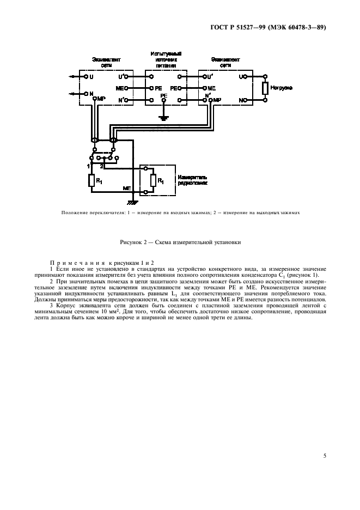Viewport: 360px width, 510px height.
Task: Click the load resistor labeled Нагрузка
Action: click(265, 88)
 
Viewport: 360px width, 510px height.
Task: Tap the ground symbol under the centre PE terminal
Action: click(162, 117)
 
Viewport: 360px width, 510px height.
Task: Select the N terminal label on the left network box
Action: click(91, 93)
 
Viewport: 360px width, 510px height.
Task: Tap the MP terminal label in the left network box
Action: click(101, 99)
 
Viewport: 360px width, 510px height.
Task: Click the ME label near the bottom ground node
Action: click(127, 187)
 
